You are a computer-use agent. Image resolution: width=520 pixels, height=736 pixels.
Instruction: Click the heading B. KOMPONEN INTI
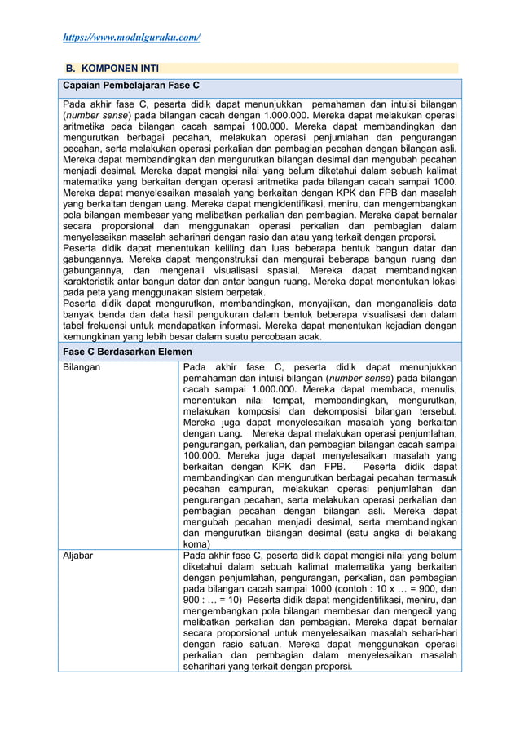(x=111, y=69)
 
